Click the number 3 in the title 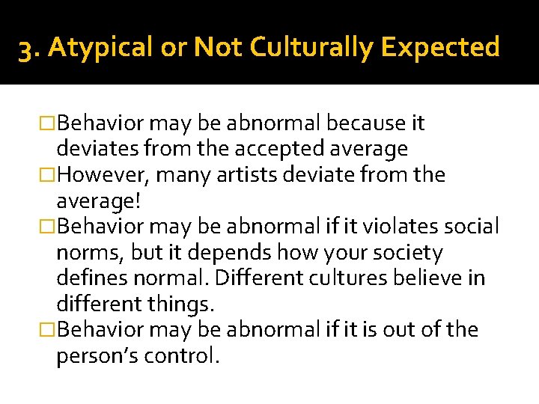click(x=25, y=48)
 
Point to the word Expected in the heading click(x=439, y=47)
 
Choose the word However click(x=106, y=175)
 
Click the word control click(x=186, y=356)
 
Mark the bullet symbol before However click(x=47, y=175)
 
